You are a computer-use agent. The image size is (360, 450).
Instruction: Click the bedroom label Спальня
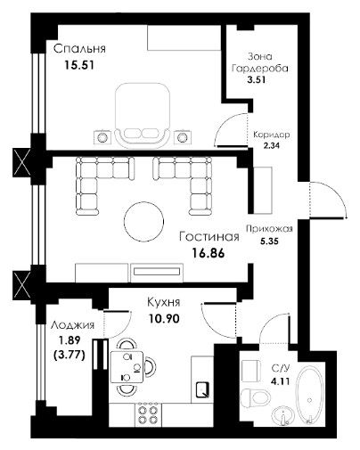click(79, 49)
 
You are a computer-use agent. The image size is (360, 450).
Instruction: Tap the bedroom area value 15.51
click(79, 65)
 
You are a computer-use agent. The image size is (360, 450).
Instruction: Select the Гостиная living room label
click(209, 237)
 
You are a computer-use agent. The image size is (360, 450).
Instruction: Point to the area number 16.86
click(209, 253)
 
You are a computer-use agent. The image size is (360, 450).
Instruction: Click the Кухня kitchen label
click(164, 303)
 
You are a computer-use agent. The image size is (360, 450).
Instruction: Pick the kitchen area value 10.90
click(164, 319)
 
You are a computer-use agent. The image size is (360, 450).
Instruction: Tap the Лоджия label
click(72, 325)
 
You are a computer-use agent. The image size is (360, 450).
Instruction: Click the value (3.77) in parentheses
click(70, 355)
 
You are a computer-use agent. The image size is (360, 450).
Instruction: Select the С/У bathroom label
click(281, 369)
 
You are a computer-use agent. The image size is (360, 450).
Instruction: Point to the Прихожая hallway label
click(269, 229)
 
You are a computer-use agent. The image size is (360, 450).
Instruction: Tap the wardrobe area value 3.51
click(257, 79)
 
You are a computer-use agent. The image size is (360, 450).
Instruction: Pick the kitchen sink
click(203, 389)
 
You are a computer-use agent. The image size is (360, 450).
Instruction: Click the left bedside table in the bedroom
click(102, 137)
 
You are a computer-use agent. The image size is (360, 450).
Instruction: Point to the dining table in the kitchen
click(127, 367)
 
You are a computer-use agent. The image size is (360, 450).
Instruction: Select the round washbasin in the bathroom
click(283, 415)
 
